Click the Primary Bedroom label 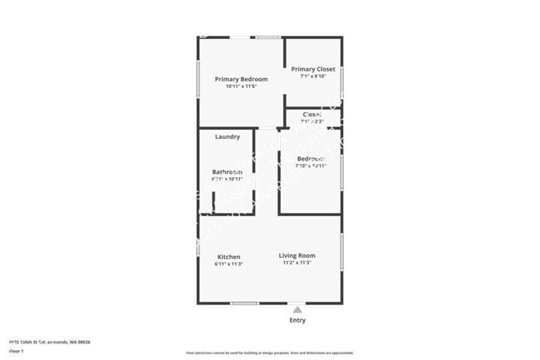[x=241, y=79]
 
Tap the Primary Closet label [x=312, y=69]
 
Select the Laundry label [x=228, y=136]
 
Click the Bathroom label [x=227, y=172]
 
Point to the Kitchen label [x=228, y=257]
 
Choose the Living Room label [x=297, y=255]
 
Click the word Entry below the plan [x=297, y=320]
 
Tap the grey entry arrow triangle [x=297, y=308]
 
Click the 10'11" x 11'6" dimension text [x=241, y=86]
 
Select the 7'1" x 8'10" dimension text [x=312, y=76]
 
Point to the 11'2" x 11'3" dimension [x=297, y=263]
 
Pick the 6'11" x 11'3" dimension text [x=228, y=264]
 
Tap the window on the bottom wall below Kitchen [x=244, y=303]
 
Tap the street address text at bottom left [x=49, y=342]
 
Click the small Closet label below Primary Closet [x=312, y=114]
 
